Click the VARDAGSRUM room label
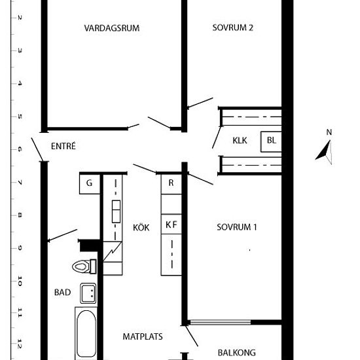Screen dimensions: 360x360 [112, 28]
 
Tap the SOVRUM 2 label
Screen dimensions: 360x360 [232, 27]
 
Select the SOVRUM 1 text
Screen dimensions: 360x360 [237, 227]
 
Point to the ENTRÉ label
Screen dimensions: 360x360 [63, 146]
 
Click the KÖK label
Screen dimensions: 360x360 [141, 227]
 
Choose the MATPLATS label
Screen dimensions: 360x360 [143, 336]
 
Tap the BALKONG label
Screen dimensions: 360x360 [236, 353]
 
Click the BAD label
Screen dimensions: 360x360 [62, 293]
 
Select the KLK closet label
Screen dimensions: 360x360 [240, 140]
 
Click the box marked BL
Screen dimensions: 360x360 [271, 141]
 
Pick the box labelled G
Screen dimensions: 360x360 [90, 185]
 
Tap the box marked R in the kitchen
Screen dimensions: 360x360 [171, 185]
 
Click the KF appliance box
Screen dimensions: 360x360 [171, 224]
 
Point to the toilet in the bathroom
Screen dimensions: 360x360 [84, 266]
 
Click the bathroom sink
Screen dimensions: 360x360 [88, 293]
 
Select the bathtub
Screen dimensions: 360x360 [86, 333]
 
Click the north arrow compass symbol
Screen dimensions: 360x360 [324, 152]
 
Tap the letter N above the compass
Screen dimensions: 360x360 [329, 132]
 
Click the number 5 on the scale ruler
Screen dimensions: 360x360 [20, 117]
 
